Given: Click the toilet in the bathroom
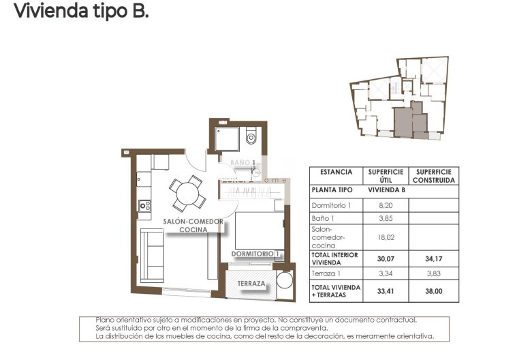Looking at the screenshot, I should [x=251, y=139].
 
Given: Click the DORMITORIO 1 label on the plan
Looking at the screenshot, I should [x=255, y=254].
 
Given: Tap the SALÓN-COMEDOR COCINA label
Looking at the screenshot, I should [x=193, y=226].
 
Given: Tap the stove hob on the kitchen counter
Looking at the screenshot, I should [x=144, y=205].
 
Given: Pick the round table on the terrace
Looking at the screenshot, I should [x=283, y=282].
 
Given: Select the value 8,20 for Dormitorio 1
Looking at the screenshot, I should [x=386, y=205].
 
